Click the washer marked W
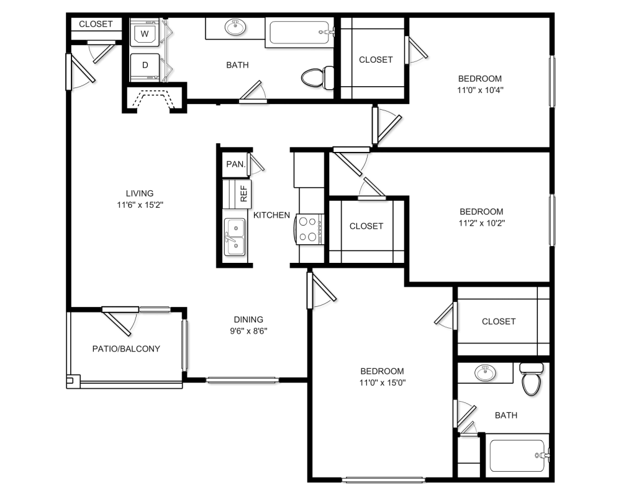tap(145, 33)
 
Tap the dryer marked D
tap(145, 66)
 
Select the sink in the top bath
tap(235, 27)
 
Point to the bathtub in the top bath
tap(300, 33)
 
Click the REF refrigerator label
tap(243, 193)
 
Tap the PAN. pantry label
tap(236, 164)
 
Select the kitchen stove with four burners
tap(309, 229)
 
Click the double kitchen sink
tap(235, 237)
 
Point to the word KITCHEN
tap(272, 215)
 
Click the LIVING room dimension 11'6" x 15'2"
tap(140, 205)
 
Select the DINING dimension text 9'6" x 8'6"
tap(249, 331)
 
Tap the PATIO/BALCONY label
tap(126, 349)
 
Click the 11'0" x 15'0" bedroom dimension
tap(383, 383)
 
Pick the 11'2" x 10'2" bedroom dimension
tap(482, 223)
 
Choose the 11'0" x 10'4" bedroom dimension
tap(481, 90)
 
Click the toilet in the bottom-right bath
tap(532, 379)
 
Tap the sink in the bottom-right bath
tap(485, 373)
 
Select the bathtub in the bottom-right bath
tap(519, 456)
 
